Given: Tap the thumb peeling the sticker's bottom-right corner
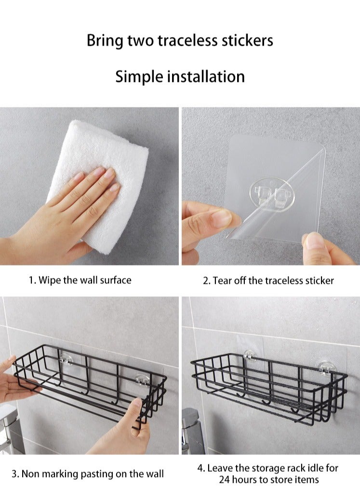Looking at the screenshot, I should (x=316, y=246).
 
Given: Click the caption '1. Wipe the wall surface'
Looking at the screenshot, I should (x=80, y=280).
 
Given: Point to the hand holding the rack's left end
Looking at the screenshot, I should (x=12, y=381).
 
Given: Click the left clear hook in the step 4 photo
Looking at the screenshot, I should (x=250, y=356).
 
